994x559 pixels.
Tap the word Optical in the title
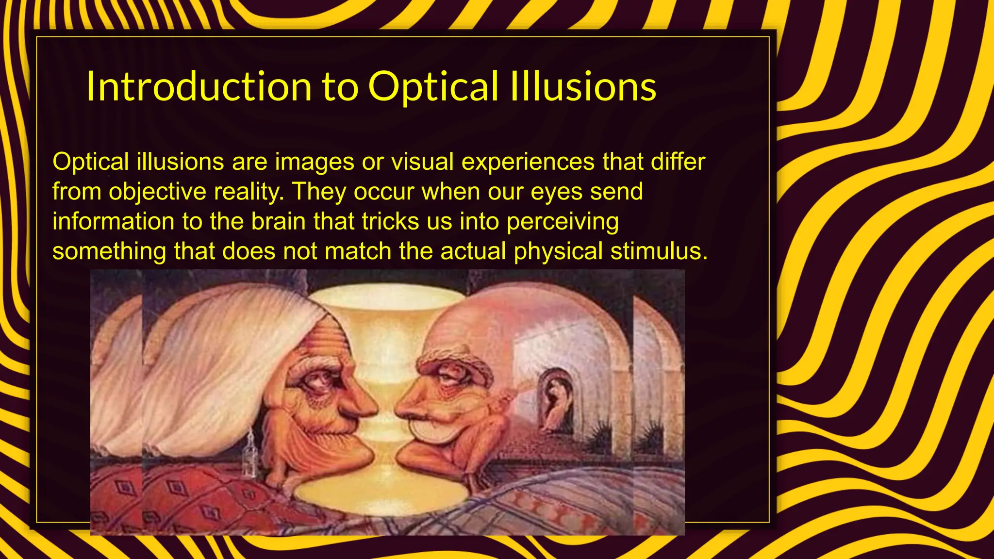click(433, 87)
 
